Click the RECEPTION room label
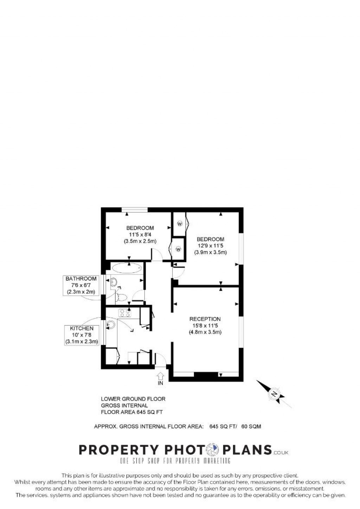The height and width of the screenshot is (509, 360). [205, 319]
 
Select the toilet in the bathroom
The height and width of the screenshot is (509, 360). [121, 297]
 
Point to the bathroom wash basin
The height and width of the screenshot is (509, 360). [114, 282]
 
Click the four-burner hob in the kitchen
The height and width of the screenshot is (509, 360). [125, 313]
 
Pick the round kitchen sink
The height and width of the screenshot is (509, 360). [111, 325]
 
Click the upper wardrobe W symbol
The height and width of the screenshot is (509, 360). [180, 224]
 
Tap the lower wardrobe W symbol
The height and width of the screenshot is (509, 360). [178, 249]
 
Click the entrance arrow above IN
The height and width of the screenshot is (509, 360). [160, 376]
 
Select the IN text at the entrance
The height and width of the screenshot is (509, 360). [160, 383]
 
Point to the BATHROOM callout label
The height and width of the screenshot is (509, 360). [81, 279]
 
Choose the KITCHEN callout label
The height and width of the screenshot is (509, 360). [82, 328]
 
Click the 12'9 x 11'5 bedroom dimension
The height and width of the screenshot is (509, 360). [210, 246]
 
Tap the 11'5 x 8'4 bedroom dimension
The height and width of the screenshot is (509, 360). [140, 235]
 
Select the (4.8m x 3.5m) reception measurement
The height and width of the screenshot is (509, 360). [205, 332]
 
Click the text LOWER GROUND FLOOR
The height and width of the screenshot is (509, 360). [133, 399]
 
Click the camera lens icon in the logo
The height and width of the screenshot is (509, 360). [213, 450]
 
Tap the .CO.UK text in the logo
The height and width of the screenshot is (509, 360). [281, 453]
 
